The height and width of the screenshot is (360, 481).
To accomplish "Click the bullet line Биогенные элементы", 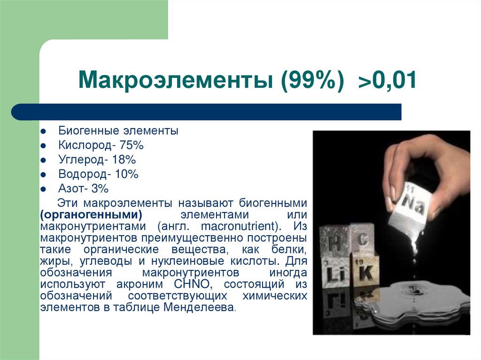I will coord(118,130).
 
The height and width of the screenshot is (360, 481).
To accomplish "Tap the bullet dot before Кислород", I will coord(43,146).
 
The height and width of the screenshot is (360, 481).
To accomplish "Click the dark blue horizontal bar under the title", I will coord(207,112).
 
